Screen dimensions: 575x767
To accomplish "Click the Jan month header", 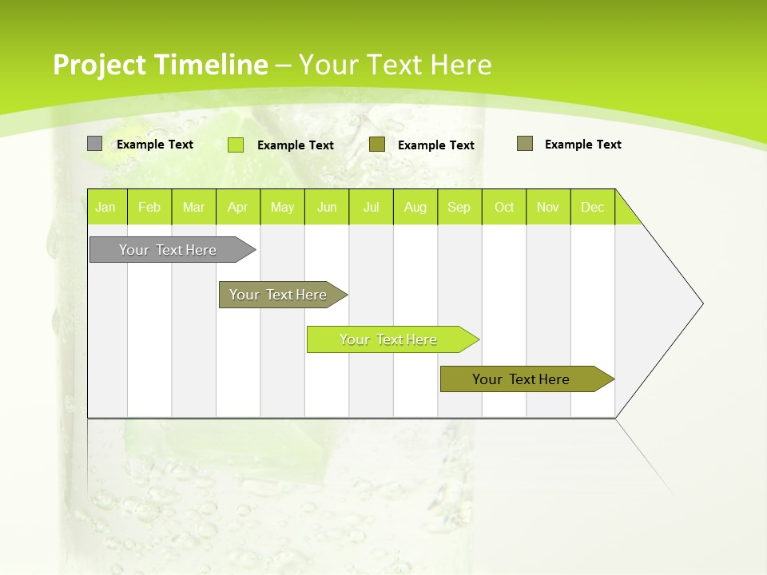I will (105, 207).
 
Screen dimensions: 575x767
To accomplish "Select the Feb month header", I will (149, 207).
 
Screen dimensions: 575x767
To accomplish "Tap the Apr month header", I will (237, 207).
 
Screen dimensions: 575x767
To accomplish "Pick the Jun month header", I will (327, 207).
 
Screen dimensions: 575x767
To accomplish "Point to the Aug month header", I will (415, 207).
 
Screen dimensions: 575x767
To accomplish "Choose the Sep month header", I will (459, 207).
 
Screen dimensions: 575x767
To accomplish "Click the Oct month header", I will (504, 207).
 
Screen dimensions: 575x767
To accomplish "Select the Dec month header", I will (592, 207).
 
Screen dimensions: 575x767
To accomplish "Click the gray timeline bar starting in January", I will (168, 250).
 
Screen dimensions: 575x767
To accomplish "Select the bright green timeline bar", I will (388, 339).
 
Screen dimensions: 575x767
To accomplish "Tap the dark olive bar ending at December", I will (521, 379).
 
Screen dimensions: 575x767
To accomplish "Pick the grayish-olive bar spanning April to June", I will (278, 295).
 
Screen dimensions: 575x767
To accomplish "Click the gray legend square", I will (94, 144).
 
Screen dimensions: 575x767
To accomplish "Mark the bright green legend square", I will (235, 145).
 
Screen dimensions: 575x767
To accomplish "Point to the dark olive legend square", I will (377, 144).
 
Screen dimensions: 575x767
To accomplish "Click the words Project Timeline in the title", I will (160, 65).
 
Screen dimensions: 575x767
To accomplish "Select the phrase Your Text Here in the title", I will (395, 65).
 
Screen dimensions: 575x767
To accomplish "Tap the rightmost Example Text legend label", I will (582, 145).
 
